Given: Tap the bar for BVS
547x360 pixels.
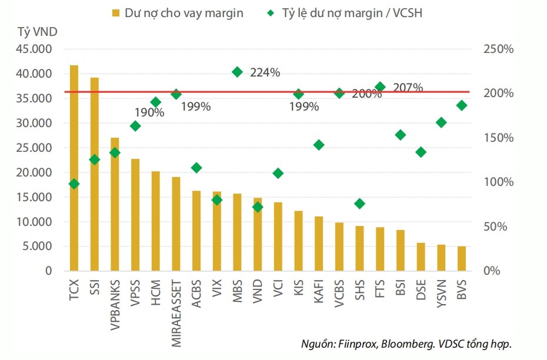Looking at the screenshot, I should [x=462, y=259].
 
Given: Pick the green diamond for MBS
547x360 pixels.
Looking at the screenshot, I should [x=238, y=72].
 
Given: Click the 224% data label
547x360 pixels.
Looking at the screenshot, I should [x=265, y=73].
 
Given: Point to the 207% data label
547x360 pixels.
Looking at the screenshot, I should [x=408, y=88].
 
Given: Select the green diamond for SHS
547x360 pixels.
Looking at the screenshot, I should [x=360, y=204].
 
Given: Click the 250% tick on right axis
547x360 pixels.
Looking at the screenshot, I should [x=498, y=49].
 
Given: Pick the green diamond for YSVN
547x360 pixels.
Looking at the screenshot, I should [x=441, y=122].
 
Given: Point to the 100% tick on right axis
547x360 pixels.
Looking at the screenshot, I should [x=498, y=182].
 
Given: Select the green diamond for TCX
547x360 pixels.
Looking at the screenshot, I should [x=74, y=184].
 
